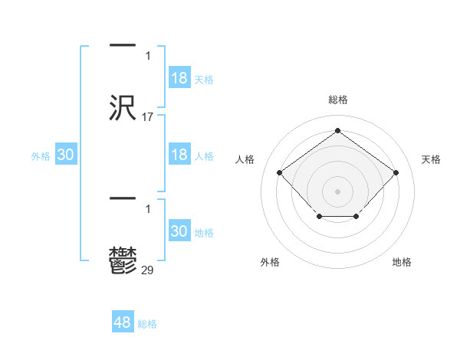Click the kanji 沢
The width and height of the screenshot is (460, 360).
click(x=123, y=108)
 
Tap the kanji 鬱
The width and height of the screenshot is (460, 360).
click(x=123, y=260)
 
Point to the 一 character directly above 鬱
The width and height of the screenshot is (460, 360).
click(x=123, y=199)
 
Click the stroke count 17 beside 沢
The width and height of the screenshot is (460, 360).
click(x=148, y=117)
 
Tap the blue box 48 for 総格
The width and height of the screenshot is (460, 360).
click(x=123, y=322)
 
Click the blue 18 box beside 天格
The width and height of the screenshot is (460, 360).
click(x=179, y=78)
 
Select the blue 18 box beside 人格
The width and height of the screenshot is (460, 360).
click(x=179, y=155)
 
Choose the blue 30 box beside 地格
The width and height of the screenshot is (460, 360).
click(x=179, y=231)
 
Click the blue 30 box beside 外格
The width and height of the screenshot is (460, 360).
click(x=66, y=155)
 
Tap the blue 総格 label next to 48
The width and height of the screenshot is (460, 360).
click(x=147, y=324)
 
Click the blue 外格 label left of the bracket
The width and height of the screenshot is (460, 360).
click(x=41, y=156)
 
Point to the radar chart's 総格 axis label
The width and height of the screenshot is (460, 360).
click(x=338, y=100)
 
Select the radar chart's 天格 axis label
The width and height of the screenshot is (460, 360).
click(x=431, y=159)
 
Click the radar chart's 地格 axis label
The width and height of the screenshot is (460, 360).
click(x=402, y=262)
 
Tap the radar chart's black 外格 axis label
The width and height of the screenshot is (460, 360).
click(x=270, y=262)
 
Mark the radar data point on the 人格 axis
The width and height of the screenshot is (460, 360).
click(x=280, y=172)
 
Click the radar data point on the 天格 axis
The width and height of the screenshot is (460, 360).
click(x=396, y=172)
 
